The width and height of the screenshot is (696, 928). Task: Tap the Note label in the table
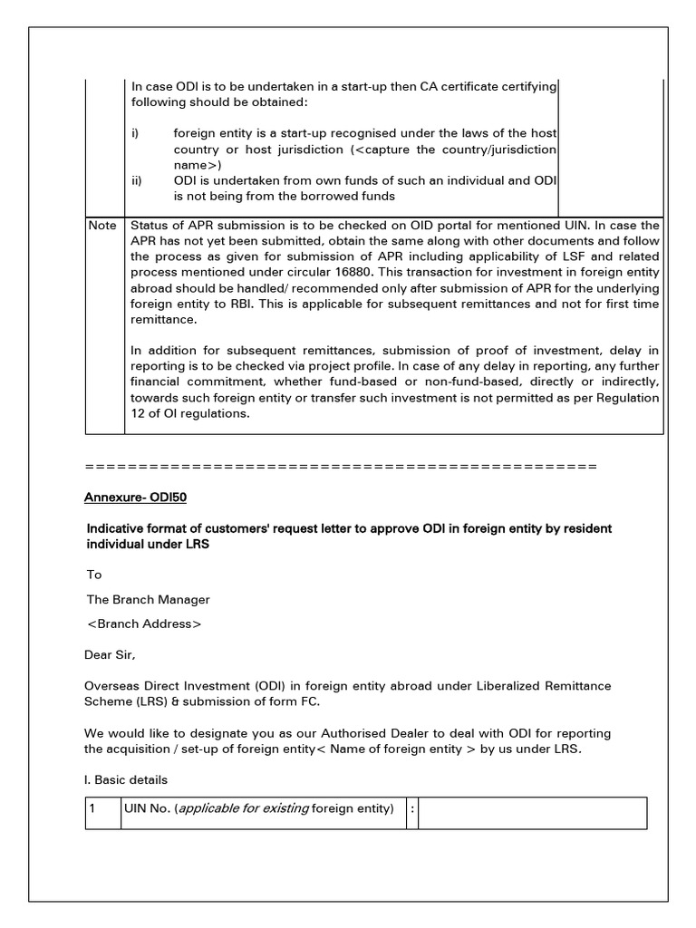tap(102, 225)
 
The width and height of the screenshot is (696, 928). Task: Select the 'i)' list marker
tap(135, 133)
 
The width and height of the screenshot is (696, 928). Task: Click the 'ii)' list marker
tap(137, 180)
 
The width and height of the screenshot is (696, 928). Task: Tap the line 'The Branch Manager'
tap(148, 600)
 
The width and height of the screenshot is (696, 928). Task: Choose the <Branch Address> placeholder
tap(144, 624)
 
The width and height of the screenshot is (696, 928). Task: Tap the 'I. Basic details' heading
tap(127, 779)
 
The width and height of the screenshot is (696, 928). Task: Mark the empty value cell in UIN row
tap(533, 813)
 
